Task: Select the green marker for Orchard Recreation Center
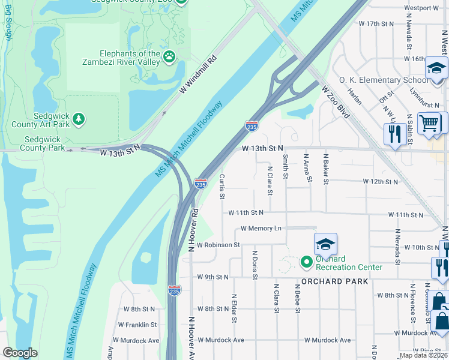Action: coord(306,262)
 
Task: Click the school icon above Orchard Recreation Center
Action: coord(325,244)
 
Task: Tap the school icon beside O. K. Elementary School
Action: coord(436,68)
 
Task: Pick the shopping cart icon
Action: coord(429,124)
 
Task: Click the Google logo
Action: coord(20,352)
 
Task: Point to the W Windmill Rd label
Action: coord(197,75)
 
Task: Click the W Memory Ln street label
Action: coord(261,229)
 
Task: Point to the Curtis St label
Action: coord(221,186)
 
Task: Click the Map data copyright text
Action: coord(423,355)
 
